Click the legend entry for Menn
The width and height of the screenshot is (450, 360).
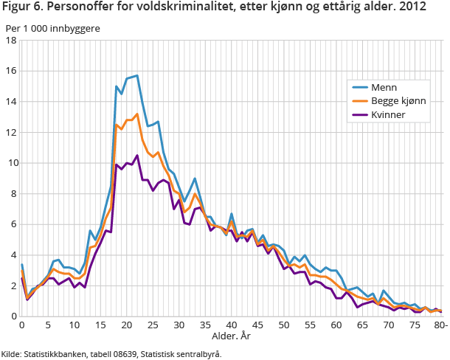coord(386,87)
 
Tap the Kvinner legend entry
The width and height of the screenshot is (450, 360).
coord(390,115)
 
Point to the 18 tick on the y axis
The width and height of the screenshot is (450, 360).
coord(11,41)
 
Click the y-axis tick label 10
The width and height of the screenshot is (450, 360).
coord(11,163)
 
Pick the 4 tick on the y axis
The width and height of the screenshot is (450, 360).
coord(13,255)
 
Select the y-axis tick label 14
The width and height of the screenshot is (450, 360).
coord(11,102)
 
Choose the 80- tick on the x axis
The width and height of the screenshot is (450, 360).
coord(438,325)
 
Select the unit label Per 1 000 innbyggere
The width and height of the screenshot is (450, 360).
coord(52,28)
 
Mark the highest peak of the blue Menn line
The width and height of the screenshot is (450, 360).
coord(137,75)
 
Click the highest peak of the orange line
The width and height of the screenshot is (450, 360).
coord(137,114)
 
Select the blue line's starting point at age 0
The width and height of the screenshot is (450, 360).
coord(22,264)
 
